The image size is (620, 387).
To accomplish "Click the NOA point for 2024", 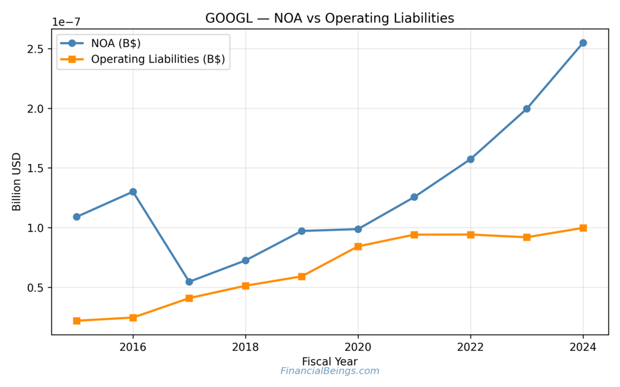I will point(583,43).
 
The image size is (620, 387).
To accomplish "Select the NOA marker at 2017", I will point(189,282).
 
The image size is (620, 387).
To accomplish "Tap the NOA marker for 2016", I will point(133,192).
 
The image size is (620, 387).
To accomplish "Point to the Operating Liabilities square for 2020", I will point(358,246).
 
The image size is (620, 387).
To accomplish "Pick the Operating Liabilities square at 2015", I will point(76,320).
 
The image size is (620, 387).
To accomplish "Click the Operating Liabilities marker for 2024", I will point(583,228).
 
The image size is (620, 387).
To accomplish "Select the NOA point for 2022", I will point(470,159).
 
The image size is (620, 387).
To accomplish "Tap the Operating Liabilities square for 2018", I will point(245,285).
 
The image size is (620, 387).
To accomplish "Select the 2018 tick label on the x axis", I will point(245,347).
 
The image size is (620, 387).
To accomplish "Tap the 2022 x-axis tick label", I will point(470,347).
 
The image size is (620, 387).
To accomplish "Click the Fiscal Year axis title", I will point(329,361).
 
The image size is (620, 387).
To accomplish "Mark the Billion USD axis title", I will point(17,181).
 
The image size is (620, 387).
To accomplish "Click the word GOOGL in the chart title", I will point(226,18).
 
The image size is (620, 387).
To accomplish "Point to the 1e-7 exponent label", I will point(65,22).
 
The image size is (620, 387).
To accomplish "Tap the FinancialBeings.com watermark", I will point(329,371).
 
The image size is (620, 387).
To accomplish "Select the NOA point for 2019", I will point(302,231).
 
